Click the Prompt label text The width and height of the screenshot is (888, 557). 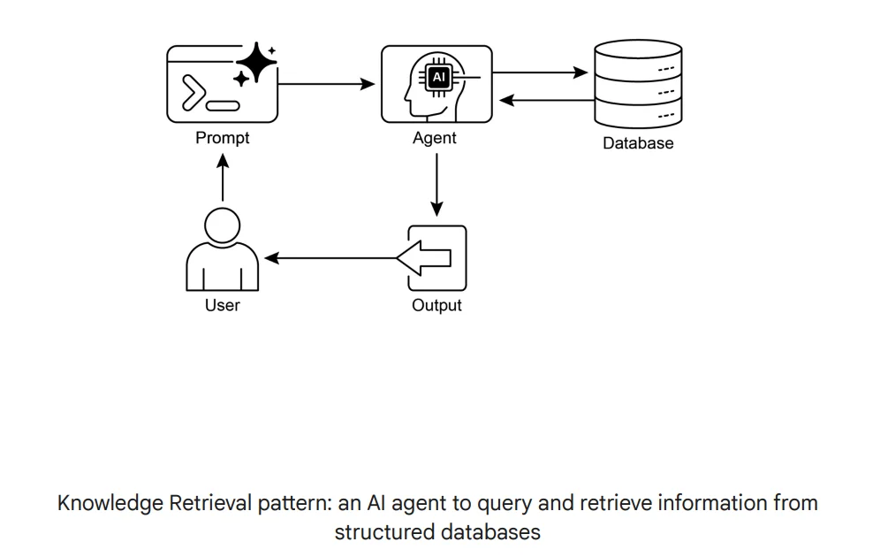(x=222, y=138)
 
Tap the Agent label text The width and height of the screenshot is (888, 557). (x=435, y=138)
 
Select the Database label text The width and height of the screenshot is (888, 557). (x=638, y=143)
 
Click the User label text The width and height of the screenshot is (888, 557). (x=222, y=306)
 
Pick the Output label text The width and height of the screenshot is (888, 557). (x=436, y=306)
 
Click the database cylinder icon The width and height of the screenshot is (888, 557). (x=638, y=85)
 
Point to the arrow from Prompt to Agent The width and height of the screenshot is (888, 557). (x=327, y=85)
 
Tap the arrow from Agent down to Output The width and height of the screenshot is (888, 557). (x=436, y=186)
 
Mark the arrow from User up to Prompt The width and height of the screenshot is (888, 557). (x=223, y=177)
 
